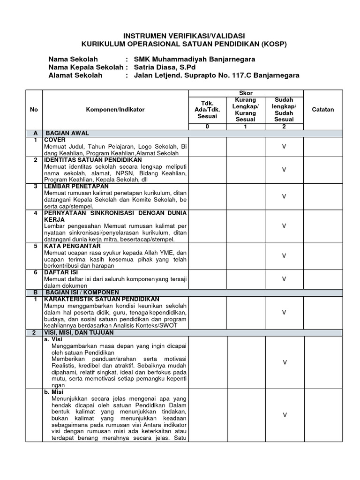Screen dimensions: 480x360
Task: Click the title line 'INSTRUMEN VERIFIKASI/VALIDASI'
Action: coord(183,36)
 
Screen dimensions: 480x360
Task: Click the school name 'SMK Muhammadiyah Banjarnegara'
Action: coord(195,60)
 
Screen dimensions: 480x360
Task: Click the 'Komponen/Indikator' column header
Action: coord(115,109)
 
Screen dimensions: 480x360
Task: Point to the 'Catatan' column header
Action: coord(323,109)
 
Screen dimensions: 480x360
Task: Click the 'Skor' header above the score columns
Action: coord(246,93)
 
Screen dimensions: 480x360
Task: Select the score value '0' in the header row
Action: coord(207,127)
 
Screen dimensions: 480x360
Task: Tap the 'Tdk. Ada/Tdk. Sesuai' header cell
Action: coord(207,109)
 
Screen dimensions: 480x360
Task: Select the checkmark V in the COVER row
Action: coord(284,147)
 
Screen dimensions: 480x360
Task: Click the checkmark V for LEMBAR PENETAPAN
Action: coord(284,196)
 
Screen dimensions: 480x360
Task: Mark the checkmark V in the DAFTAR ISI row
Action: coord(284,279)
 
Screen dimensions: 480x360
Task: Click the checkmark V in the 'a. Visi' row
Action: coord(284,362)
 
